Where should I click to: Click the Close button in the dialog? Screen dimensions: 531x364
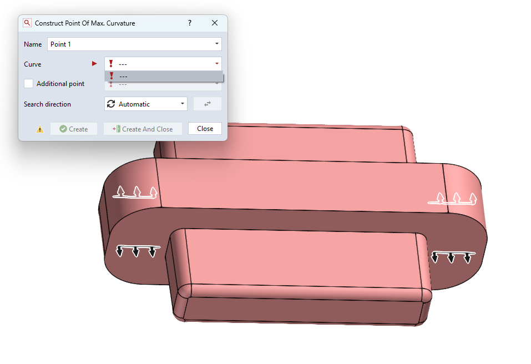coord(205,129)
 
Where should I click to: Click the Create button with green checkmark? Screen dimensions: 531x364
coord(74,129)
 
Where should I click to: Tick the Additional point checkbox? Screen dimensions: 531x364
coord(28,84)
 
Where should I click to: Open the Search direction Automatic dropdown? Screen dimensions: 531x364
coord(146,104)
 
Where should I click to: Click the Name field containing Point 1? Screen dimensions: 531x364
coord(134,44)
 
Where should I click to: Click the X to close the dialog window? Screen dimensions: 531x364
coord(215,23)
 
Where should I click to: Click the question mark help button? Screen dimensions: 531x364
coord(190,23)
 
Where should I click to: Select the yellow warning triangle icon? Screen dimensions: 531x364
coord(40,129)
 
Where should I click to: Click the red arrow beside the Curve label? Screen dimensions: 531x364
coord(94,64)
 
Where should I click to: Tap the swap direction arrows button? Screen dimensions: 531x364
coord(208,104)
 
